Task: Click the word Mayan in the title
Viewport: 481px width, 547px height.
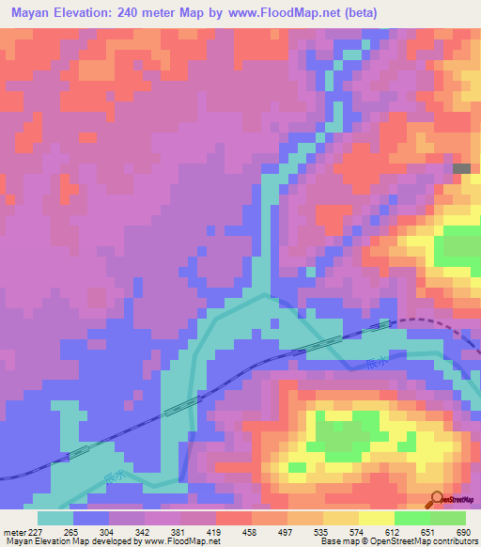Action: [x=31, y=12]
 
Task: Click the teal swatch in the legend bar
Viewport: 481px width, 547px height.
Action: [x=55, y=518]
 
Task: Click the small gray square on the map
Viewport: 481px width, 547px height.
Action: [x=462, y=168]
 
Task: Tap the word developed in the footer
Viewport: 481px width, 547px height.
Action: [x=111, y=541]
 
